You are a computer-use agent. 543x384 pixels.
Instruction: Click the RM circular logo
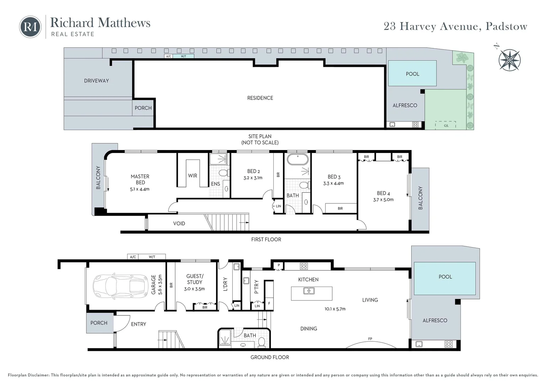30,27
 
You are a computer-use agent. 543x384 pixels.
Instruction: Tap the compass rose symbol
509,60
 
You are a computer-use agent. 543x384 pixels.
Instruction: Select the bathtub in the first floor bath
297,159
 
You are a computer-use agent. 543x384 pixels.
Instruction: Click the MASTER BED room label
140,179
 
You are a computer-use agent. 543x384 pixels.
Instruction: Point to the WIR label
193,176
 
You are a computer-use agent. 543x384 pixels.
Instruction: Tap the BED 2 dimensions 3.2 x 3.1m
253,178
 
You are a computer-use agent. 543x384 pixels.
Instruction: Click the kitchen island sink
309,291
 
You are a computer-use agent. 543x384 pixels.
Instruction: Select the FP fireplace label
370,339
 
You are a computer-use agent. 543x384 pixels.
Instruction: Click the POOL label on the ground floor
445,277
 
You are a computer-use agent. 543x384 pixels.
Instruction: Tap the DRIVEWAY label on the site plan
96,81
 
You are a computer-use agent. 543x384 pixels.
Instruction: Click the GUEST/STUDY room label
194,279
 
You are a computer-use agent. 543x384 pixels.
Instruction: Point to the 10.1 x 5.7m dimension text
335,309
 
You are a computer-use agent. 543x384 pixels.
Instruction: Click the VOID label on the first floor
179,223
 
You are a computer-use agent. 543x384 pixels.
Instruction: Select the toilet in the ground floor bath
262,342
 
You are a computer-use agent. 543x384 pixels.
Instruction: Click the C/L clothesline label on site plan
446,126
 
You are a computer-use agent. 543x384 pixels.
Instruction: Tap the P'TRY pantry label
257,287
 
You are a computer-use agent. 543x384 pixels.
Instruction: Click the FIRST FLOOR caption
266,239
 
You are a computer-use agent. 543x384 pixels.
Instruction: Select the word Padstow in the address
506,26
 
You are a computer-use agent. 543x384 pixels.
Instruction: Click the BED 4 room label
383,193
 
